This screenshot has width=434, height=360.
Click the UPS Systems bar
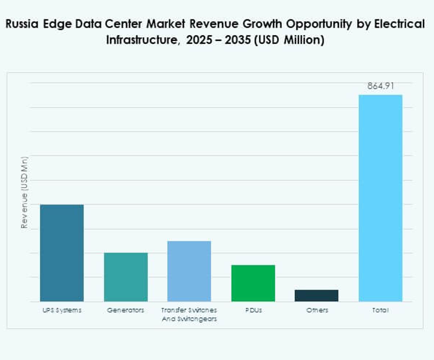(62, 253)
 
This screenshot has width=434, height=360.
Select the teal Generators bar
(126, 277)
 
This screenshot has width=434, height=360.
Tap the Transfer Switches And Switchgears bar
(189, 271)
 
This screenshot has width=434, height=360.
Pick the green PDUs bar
(253, 282)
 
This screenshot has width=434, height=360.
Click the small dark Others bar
(317, 295)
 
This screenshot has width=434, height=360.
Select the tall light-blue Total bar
(381, 198)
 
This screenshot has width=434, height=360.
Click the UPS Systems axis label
(62, 310)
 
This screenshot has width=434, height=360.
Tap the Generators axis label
(126, 310)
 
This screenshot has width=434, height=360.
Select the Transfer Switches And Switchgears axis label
(189, 314)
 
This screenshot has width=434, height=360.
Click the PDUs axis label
(253, 310)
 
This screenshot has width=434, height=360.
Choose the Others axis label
(317, 310)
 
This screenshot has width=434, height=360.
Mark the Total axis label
(381, 310)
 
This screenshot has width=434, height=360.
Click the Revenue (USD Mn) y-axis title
(25, 193)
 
